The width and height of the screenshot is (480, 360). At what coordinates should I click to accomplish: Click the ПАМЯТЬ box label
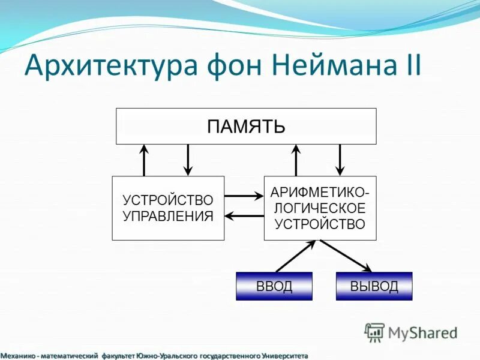246,126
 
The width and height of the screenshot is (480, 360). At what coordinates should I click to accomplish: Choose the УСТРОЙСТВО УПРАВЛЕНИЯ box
168,208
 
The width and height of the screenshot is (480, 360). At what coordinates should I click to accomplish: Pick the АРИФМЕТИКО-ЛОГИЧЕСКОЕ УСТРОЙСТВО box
320,208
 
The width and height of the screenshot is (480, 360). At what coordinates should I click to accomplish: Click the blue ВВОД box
274,286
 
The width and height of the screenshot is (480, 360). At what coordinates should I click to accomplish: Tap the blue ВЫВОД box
374,286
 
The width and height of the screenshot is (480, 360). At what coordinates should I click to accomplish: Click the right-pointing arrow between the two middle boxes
244,196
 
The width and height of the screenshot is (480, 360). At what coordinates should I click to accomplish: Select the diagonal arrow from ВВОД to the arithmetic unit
295,256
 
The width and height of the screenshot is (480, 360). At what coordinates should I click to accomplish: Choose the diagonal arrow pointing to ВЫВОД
346,256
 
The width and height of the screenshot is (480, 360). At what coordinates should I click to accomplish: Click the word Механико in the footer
17,356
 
